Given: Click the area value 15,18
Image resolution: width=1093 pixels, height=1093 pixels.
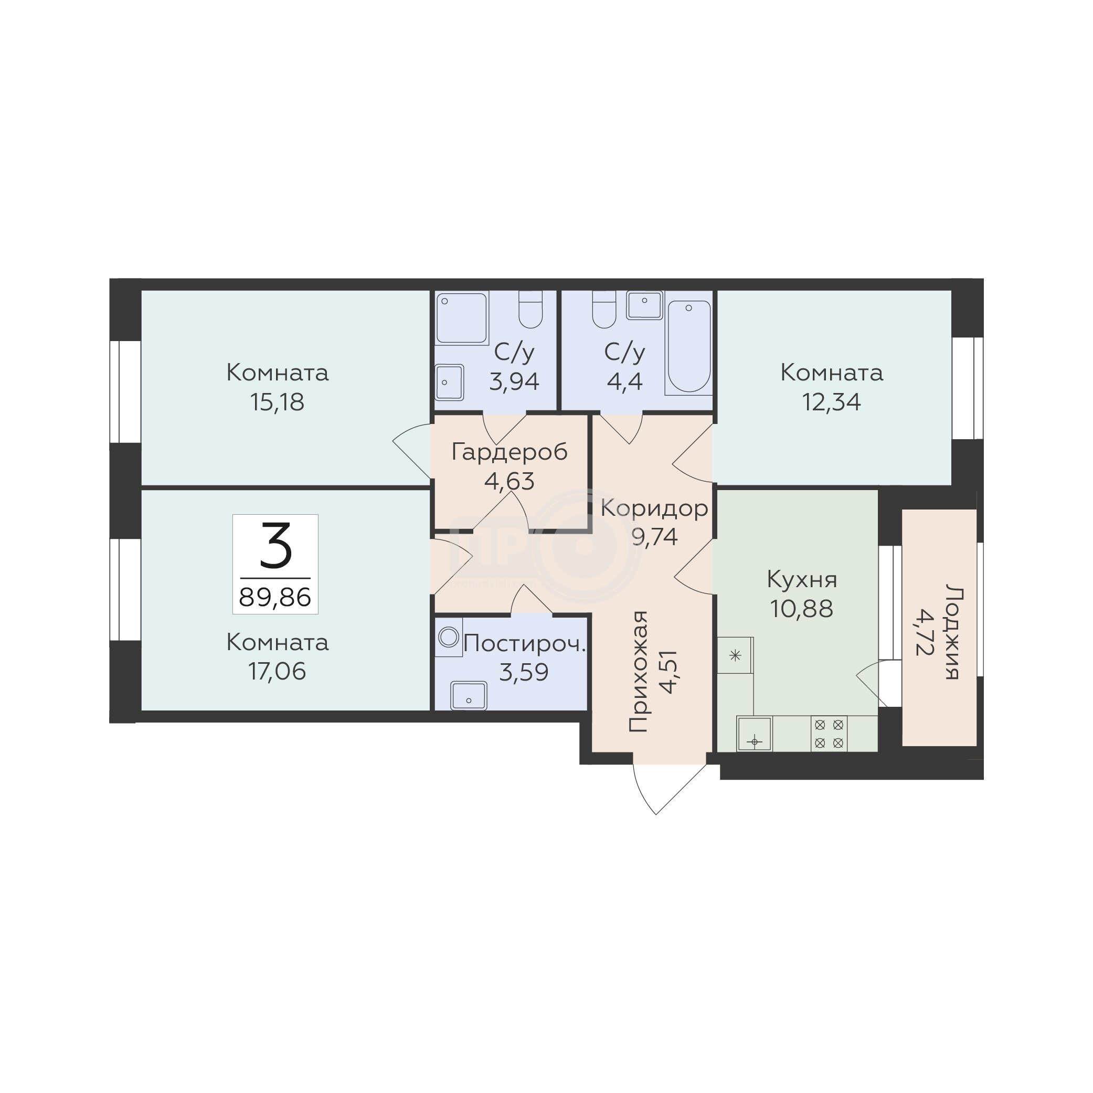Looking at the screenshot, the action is click(277, 402).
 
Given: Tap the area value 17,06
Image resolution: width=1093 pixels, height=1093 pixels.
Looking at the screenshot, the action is click(277, 672).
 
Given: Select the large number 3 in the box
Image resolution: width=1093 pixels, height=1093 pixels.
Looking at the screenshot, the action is click(275, 545).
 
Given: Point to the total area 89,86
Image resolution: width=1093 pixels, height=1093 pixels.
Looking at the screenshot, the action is click(275, 597).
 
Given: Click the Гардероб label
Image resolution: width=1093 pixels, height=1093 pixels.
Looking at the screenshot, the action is click(510, 452).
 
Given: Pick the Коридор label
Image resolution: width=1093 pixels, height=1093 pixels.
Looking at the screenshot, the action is click(654, 508).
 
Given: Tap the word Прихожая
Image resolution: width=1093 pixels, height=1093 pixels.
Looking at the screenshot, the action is click(638, 672).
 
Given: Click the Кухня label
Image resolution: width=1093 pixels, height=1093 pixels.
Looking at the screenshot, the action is click(802, 579).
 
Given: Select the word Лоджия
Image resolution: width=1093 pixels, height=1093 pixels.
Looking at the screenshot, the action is click(954, 632).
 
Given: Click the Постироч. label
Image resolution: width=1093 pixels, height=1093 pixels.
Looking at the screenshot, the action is click(524, 644).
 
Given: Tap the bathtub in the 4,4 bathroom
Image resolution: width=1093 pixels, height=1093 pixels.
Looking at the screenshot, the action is click(689, 347).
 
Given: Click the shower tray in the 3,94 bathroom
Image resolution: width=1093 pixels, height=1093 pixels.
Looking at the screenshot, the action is click(462, 319).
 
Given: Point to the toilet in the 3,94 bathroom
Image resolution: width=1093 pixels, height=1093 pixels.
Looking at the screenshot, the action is click(530, 310).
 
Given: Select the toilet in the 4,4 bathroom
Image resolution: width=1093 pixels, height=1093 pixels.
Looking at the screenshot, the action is click(604, 310).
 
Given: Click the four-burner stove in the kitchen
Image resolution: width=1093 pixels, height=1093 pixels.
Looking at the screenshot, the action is click(829, 734).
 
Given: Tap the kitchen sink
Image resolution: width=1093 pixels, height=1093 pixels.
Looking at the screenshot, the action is click(755, 734).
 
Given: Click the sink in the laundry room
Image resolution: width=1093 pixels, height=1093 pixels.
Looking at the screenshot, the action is click(469, 695).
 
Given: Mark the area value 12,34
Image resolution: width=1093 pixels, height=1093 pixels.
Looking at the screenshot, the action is click(832, 402).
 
